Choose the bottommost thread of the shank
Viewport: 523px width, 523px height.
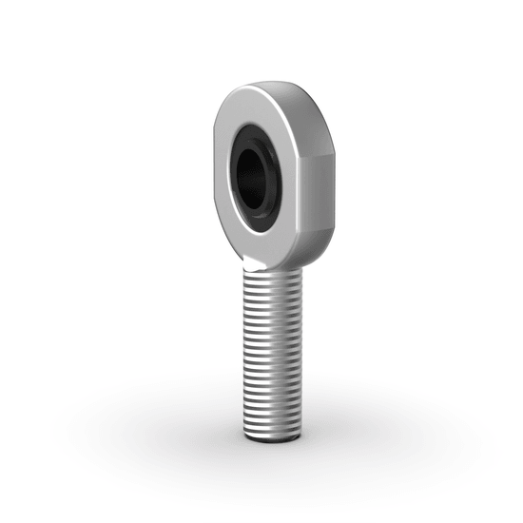277,430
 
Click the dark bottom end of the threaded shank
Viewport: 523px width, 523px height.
278,440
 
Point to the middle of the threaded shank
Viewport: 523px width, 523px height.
276,352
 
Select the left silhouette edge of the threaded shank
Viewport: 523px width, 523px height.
245,352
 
